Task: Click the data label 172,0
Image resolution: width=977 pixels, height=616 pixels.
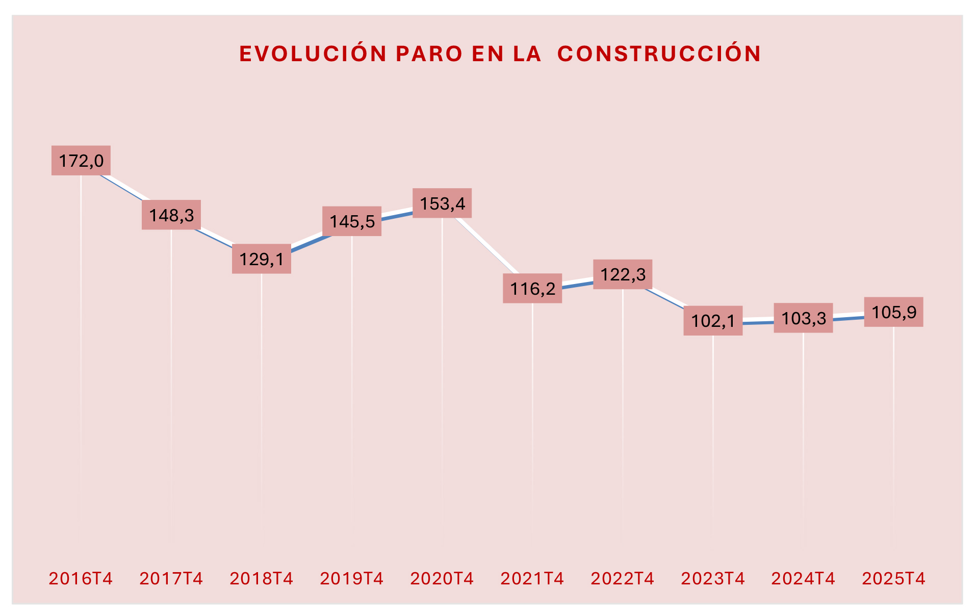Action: tap(81, 161)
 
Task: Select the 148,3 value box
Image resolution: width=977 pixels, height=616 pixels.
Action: tap(171, 215)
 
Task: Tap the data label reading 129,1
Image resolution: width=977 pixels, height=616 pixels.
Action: tap(262, 259)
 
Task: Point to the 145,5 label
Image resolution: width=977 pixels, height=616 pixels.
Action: tap(352, 221)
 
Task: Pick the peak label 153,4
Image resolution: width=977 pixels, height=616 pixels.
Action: tap(442, 203)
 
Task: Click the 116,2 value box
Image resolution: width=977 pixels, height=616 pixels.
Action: tap(532, 289)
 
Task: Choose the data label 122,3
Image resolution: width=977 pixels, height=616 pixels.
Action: tap(623, 274)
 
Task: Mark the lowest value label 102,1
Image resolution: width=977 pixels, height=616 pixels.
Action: tap(713, 321)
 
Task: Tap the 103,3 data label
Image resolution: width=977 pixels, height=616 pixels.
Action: tap(803, 318)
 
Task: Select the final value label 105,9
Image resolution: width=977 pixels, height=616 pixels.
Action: tap(893, 312)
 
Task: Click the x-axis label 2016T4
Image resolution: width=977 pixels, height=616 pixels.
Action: tap(81, 578)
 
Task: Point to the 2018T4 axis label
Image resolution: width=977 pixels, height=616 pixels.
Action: tap(262, 578)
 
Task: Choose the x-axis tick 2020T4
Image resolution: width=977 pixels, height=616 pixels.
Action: tap(442, 578)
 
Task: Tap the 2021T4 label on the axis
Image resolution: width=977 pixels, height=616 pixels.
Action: tap(532, 578)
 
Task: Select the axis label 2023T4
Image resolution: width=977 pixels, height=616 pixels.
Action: tap(713, 578)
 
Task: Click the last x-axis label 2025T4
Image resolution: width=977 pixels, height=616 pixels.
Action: tap(893, 578)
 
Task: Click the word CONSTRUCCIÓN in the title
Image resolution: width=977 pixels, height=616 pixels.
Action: tap(659, 54)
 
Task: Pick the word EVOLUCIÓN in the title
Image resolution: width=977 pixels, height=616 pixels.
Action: tap(313, 54)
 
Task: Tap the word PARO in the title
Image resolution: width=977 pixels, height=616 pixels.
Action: tap(429, 54)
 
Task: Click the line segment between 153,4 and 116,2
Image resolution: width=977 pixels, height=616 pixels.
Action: tap(487, 245)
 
